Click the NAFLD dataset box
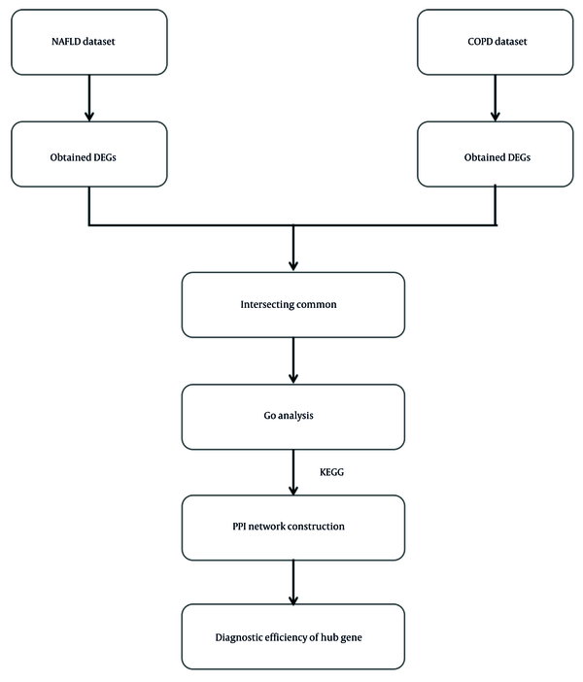(89, 42)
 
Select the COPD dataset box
(496, 42)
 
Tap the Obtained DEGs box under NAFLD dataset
(89, 154)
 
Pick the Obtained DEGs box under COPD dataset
(496, 154)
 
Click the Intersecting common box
(293, 305)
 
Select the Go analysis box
(293, 417)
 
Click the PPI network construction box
(293, 528)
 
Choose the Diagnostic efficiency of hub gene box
(293, 636)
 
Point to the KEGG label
(331, 472)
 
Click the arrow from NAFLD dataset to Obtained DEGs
(89, 98)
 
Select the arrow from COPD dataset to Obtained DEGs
(496, 98)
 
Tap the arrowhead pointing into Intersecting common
(293, 265)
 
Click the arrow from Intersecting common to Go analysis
(293, 360)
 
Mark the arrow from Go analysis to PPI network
(293, 472)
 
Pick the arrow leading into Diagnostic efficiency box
(293, 582)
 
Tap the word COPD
(480, 42)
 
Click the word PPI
(239, 527)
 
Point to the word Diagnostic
(238, 638)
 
